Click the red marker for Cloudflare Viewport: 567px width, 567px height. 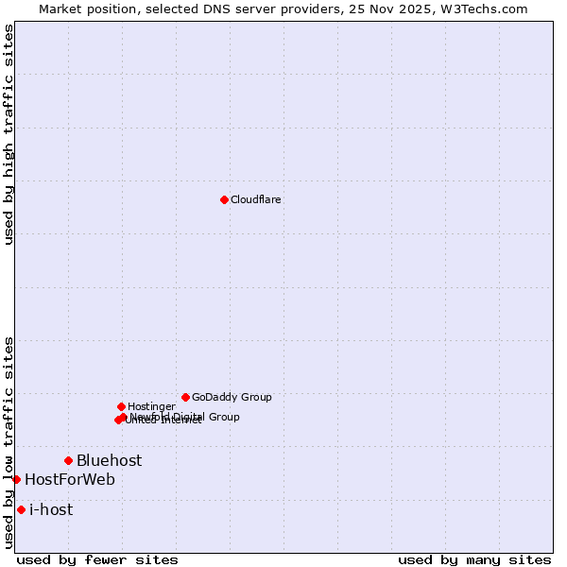224,199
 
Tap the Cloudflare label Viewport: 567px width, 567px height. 256,199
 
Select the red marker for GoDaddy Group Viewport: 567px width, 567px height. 185,397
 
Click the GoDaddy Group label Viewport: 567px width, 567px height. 232,397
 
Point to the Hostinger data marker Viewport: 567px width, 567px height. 121,406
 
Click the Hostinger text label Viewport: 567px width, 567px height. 151,406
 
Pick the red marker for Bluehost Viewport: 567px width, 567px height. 68,460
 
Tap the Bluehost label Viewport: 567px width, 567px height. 110,460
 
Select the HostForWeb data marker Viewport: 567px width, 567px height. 16,479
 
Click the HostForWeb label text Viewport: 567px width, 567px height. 70,479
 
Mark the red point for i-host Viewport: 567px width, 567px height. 21,509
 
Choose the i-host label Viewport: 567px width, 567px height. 51,509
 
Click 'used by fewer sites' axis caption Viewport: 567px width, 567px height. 97,559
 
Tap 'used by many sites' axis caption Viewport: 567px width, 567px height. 474,559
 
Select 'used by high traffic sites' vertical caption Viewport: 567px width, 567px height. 9,134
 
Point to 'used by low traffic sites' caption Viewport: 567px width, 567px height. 9,442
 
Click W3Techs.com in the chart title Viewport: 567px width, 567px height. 490,9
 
